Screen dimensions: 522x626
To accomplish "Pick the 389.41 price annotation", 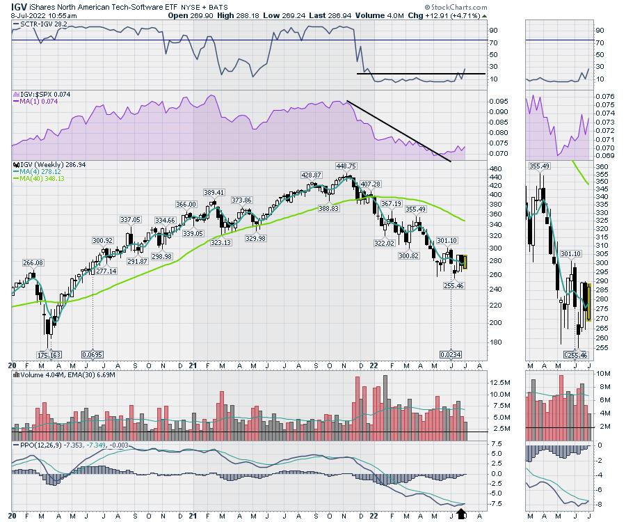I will (x=214, y=192).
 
